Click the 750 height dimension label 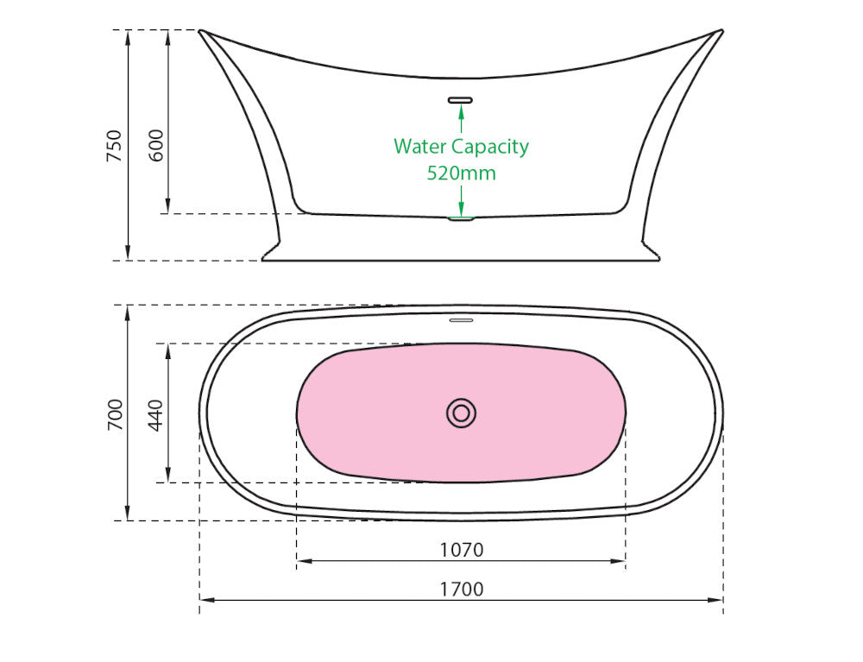tap(114, 145)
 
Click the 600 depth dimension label tap(156, 145)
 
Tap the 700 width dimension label tap(115, 415)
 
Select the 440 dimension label tap(155, 415)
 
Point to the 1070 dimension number tap(461, 550)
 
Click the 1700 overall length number tap(461, 589)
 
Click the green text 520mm tap(461, 173)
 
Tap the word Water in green tap(420, 147)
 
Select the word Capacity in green tap(490, 148)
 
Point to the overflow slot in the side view tap(461, 100)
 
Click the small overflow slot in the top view tap(461, 319)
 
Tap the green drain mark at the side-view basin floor tap(461, 219)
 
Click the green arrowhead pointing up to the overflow tap(461, 111)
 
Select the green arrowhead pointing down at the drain tap(461, 210)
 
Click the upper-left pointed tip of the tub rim tap(200, 31)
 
